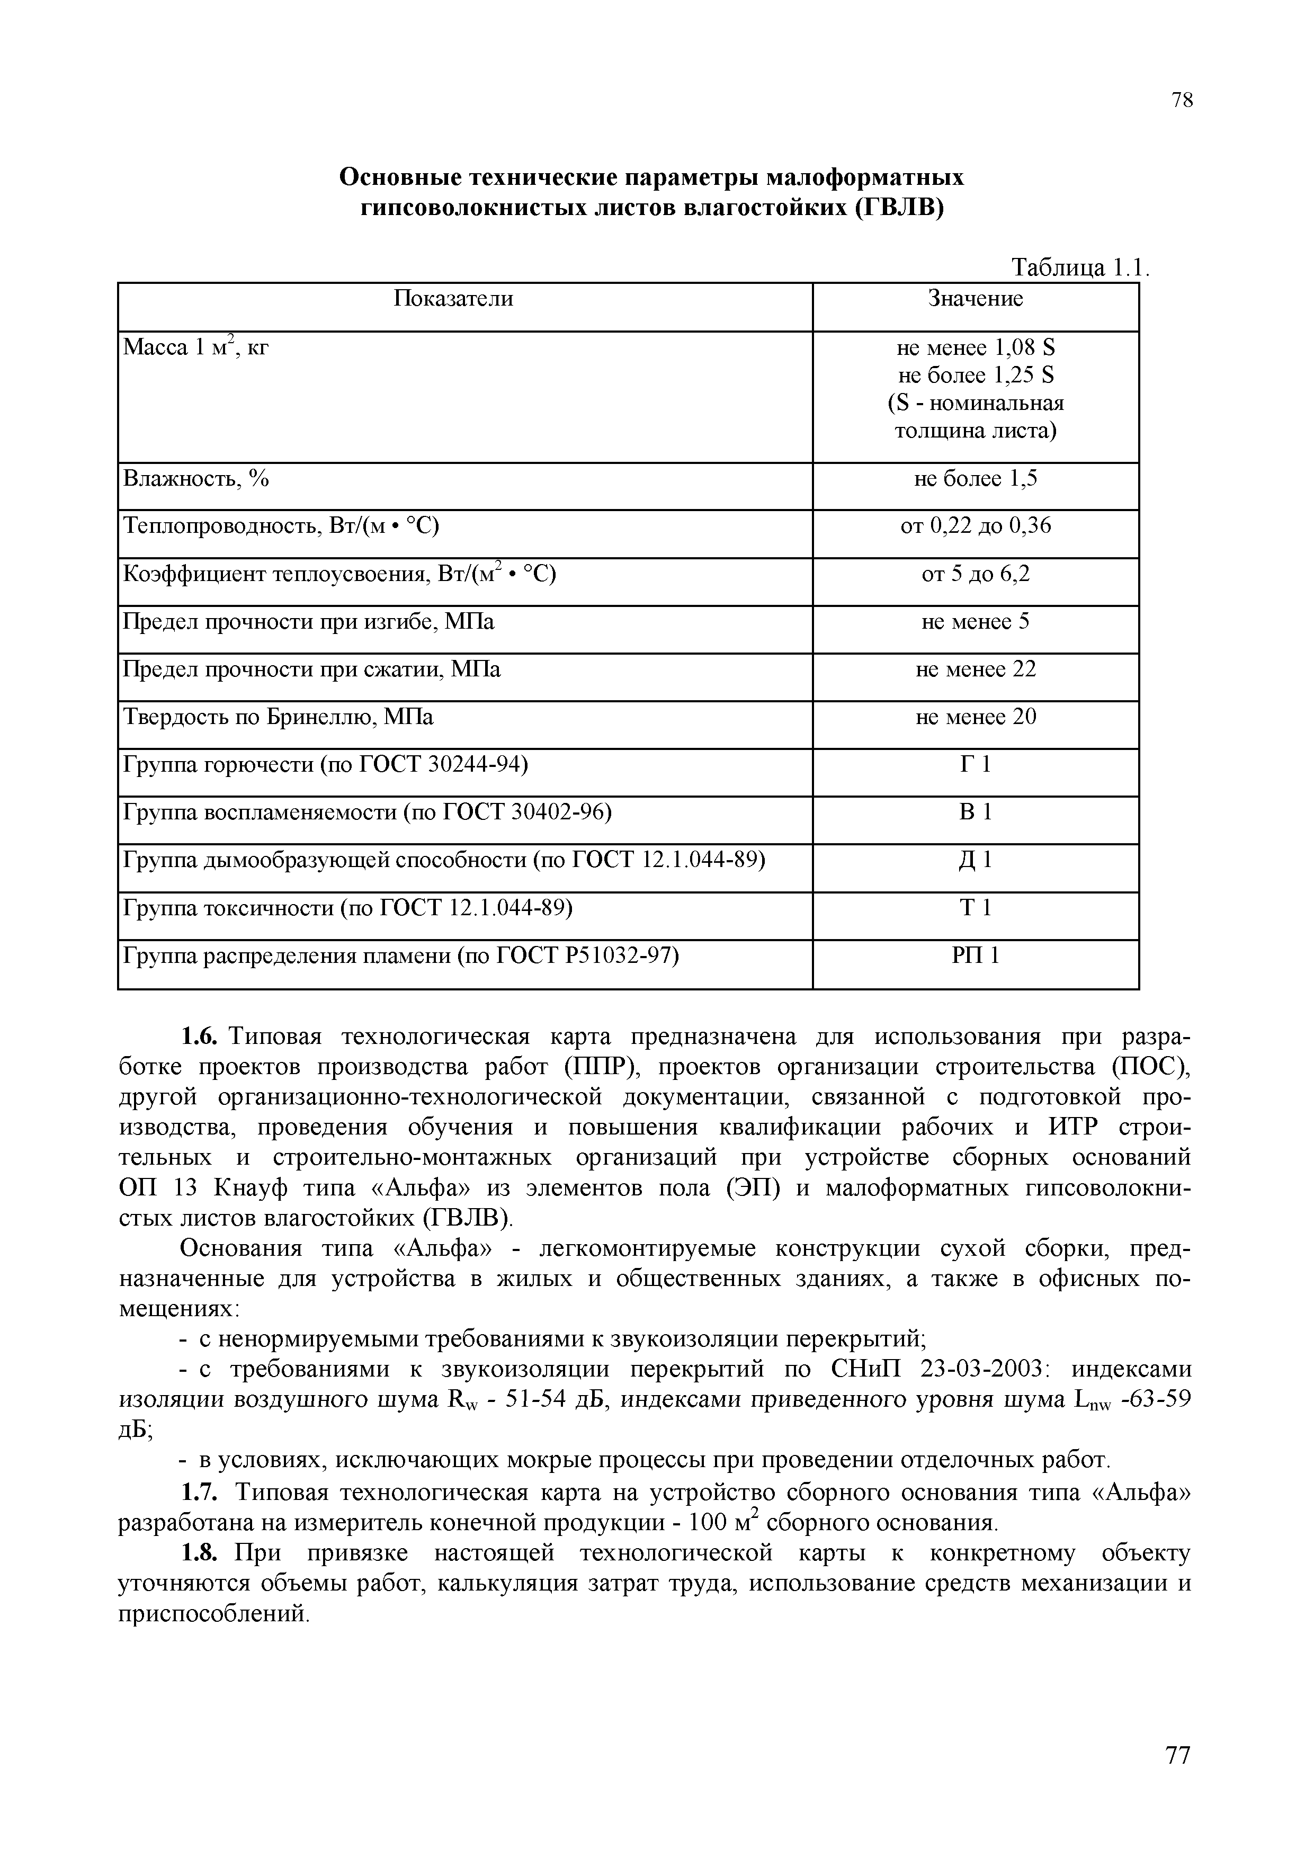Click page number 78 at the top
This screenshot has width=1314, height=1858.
(1181, 100)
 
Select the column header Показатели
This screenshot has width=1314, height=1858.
(453, 299)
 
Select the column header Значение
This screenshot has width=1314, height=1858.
(975, 299)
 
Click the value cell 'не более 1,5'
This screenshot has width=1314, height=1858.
(975, 479)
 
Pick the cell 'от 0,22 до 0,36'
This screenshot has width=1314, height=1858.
(975, 527)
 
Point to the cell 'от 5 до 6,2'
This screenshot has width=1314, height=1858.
(975, 575)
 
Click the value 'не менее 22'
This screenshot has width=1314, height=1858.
(975, 670)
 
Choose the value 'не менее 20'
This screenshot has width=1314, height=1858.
(975, 718)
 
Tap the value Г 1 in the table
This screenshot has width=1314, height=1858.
(975, 765)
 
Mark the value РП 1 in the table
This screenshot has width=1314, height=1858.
(975, 957)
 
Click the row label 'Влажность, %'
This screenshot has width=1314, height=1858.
(196, 479)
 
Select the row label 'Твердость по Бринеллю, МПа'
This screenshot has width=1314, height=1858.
(278, 718)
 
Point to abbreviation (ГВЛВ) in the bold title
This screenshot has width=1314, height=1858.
(899, 208)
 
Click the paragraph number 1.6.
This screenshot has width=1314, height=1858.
(199, 1037)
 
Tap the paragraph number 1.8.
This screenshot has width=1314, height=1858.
(199, 1554)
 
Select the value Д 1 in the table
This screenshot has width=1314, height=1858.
(975, 860)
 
